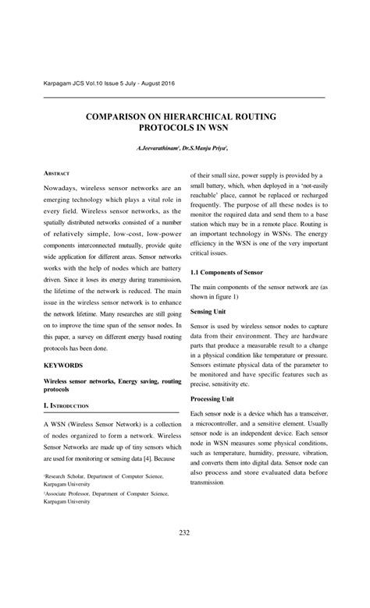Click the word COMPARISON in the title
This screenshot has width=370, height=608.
click(127, 115)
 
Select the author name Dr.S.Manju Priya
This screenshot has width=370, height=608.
click(204, 148)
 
